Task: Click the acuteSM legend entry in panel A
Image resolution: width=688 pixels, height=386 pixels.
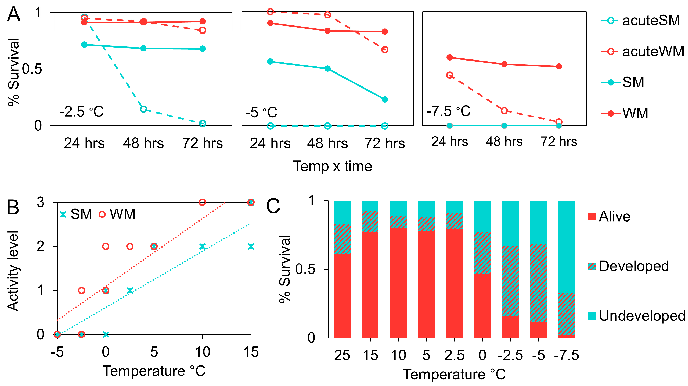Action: (x=640, y=21)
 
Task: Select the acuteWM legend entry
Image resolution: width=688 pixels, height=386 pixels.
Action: (x=642, y=51)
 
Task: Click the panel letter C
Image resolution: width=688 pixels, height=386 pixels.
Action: (x=273, y=206)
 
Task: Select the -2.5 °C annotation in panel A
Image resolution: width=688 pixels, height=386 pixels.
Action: (x=81, y=112)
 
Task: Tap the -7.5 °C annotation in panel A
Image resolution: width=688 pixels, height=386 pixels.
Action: (x=449, y=111)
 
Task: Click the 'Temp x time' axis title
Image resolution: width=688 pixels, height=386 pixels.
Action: (x=333, y=166)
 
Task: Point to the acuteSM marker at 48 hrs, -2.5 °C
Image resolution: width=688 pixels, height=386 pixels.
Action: (x=143, y=109)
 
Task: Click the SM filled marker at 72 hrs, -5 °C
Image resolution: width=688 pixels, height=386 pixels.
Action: (x=385, y=99)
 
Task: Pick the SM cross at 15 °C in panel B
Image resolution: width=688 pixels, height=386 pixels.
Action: (x=250, y=246)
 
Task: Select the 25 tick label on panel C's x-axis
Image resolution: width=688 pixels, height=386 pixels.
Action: (x=342, y=355)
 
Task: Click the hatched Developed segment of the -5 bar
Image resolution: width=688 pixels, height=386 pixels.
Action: (x=538, y=283)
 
